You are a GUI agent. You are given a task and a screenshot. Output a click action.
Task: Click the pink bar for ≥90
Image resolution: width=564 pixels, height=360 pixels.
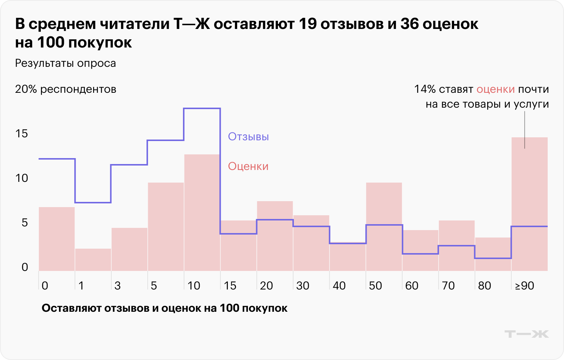529,204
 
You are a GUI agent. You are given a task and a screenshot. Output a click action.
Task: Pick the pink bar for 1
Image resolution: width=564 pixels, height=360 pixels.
93,259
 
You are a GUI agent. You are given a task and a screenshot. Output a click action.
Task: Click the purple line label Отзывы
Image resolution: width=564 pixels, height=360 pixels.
248,137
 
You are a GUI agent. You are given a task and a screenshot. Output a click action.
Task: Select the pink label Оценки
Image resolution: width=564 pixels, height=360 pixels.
248,166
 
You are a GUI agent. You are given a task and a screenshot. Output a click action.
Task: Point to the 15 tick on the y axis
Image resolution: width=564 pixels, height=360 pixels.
22,134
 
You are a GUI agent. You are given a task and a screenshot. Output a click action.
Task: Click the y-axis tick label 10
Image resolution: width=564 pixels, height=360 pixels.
22,178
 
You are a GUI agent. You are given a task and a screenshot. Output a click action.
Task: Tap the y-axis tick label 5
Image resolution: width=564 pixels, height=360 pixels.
24,223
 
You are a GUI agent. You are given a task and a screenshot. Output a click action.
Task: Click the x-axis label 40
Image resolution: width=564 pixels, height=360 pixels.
339,285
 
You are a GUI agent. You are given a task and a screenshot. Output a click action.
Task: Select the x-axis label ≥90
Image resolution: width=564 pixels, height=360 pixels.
525,285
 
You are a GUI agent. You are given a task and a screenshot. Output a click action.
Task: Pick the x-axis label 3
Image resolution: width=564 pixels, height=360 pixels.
118,285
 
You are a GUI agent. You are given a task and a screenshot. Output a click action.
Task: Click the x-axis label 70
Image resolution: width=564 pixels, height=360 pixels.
448,285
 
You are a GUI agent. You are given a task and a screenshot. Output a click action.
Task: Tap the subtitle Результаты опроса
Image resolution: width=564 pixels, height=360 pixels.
65,63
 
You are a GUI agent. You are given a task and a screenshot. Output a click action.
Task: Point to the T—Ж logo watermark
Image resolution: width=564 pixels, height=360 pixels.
527,334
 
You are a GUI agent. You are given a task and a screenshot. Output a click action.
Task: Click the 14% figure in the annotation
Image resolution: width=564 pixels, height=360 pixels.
424,89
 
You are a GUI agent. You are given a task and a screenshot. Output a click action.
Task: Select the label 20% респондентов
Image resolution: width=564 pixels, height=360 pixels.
65,89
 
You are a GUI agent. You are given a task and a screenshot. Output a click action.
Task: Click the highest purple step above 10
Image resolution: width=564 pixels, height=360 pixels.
202,108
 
